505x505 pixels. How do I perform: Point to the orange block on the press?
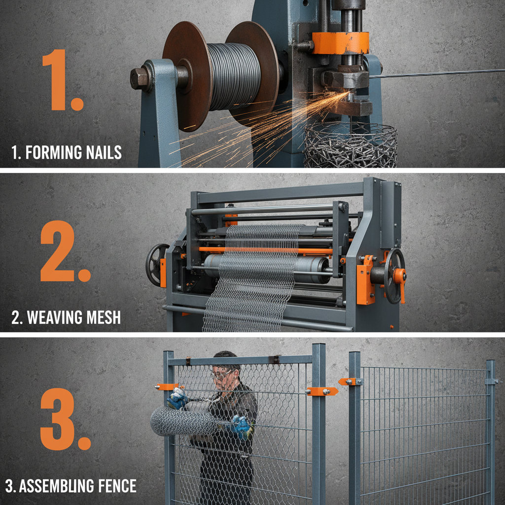tap(340, 43)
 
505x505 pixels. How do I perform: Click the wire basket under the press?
tap(350, 145)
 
